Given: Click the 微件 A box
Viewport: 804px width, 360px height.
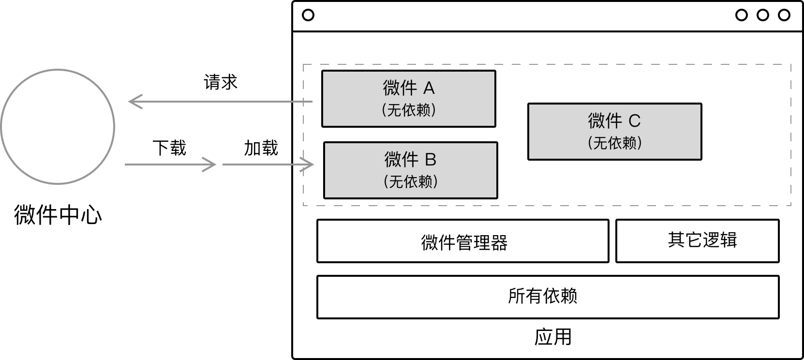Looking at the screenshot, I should point(409,99).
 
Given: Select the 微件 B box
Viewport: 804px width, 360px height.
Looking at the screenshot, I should point(410,170).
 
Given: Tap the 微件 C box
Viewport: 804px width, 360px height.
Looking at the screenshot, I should point(614,132).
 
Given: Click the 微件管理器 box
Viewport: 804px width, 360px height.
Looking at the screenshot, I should point(462,241).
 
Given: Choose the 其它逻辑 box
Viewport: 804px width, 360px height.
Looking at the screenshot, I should point(697,241).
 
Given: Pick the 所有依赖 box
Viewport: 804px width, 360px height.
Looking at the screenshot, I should point(548,297).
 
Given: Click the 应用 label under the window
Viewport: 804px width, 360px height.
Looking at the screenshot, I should point(553,337).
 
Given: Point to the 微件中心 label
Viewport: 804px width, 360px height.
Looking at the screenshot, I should point(58,215).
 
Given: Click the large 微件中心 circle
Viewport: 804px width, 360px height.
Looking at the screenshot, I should point(58,127).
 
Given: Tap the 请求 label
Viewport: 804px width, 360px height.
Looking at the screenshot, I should point(221,82).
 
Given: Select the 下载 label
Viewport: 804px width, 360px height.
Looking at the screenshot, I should point(169,148).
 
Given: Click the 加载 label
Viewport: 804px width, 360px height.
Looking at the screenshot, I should point(261,148).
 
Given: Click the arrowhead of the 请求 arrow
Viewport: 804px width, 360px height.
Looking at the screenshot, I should point(134,102).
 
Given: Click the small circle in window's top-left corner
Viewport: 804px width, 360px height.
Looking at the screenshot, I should point(308,15).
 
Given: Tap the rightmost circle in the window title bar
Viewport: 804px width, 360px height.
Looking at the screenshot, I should point(784,15).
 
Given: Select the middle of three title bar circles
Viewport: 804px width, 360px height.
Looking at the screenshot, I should point(763,15).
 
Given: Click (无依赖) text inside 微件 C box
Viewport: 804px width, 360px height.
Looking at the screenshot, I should point(615,143).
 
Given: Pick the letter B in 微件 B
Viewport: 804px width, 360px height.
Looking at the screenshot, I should point(430,159).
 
